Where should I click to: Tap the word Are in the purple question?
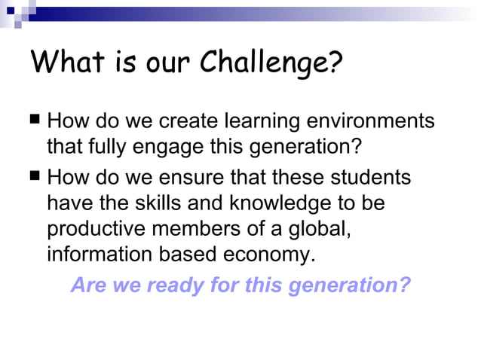point(88,286)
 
